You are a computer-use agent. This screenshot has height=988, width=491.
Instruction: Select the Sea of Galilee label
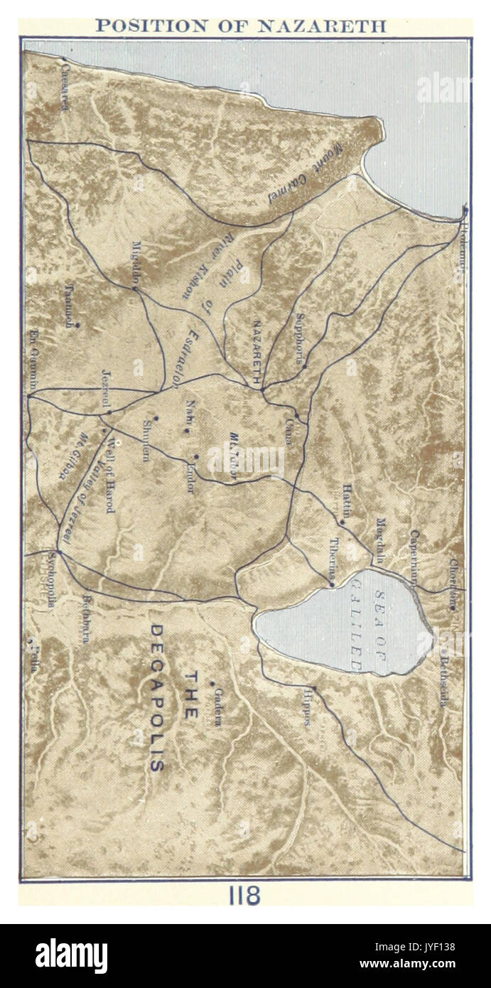[367, 623]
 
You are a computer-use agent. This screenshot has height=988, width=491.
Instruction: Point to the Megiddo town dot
[134, 288]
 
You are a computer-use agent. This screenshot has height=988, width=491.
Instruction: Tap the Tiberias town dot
[331, 584]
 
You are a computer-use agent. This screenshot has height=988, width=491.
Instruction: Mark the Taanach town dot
[77, 326]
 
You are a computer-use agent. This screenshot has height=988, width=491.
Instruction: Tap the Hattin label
[347, 498]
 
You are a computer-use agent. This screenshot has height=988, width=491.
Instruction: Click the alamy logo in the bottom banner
[71, 956]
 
